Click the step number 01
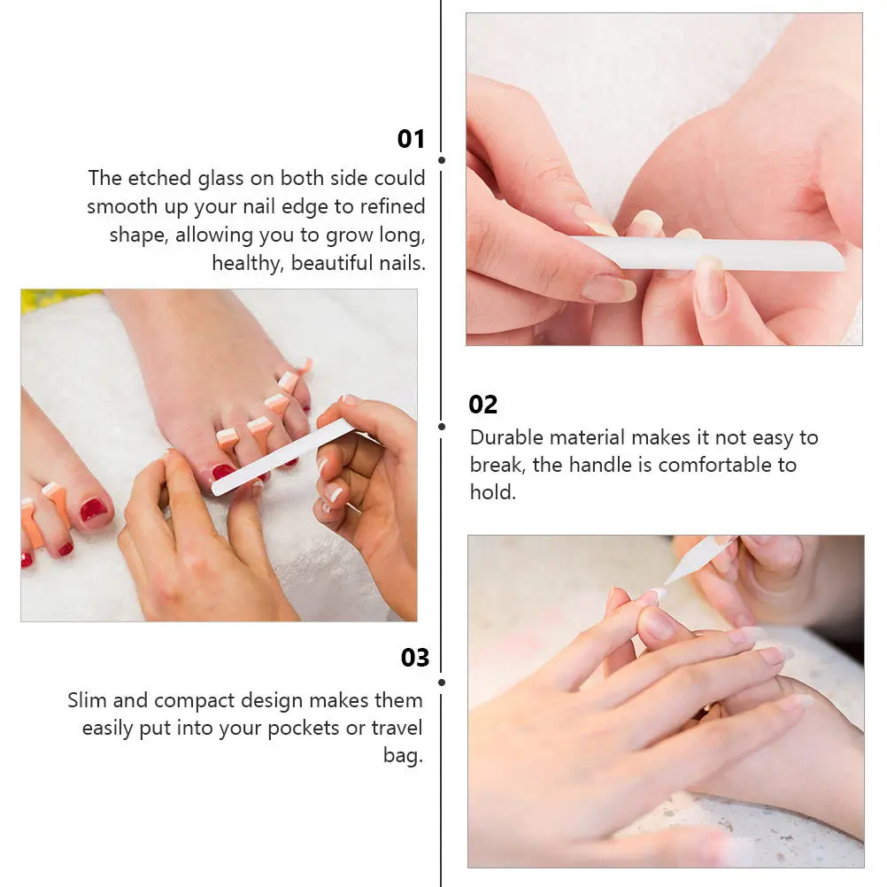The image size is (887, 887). (x=411, y=139)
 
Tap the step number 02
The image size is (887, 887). (x=482, y=405)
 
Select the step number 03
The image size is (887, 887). (x=414, y=658)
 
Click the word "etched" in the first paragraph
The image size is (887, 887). (x=159, y=178)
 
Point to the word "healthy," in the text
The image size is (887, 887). (x=248, y=264)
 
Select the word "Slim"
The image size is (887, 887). (x=87, y=700)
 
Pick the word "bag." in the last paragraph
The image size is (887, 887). (x=403, y=756)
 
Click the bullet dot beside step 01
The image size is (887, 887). (x=442, y=160)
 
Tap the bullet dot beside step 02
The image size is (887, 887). (x=442, y=427)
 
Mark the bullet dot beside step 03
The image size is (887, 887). (x=442, y=683)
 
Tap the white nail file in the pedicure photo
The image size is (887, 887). (x=283, y=456)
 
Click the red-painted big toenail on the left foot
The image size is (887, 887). (x=93, y=510)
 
